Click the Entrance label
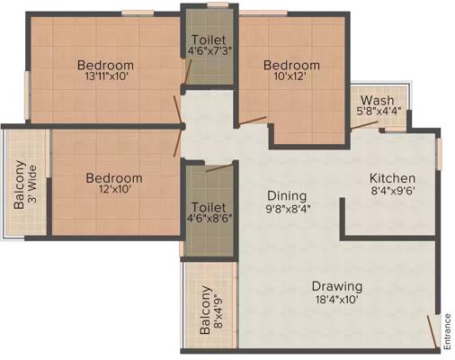point(448,331)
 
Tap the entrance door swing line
point(432,332)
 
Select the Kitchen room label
point(392,178)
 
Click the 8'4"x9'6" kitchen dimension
point(393,191)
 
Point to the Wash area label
point(377,100)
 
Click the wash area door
point(364,125)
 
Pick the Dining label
point(287,195)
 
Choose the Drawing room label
point(337,286)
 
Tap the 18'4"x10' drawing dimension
point(337,300)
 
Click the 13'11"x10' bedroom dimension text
point(107,76)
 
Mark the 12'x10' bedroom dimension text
point(114,189)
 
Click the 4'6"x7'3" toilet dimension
point(210,50)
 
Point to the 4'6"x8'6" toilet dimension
point(210,219)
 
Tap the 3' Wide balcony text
point(32,184)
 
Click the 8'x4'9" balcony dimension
point(219,311)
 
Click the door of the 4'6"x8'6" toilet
point(219,168)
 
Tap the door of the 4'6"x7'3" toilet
point(188,71)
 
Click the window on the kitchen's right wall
point(439,154)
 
